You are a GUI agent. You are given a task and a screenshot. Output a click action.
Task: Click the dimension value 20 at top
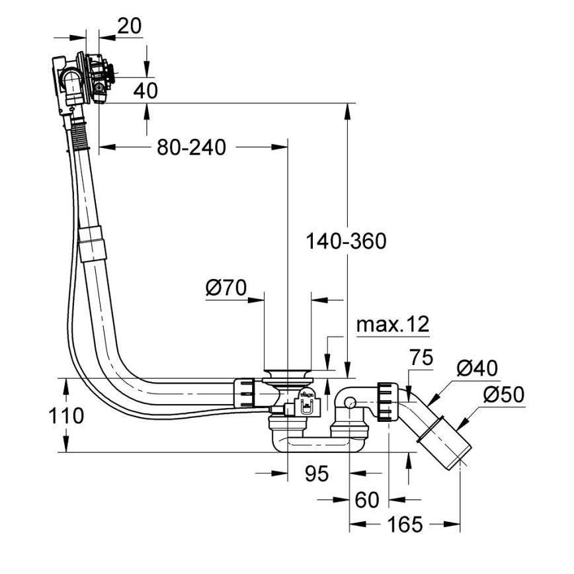tap(129, 26)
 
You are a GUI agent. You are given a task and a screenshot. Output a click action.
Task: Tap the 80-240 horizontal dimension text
tap(191, 147)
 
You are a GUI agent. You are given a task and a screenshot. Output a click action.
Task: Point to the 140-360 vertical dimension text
tap(345, 241)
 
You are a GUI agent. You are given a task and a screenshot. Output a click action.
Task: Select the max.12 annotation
tap(393, 325)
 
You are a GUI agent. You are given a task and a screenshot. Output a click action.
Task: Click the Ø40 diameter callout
tap(477, 368)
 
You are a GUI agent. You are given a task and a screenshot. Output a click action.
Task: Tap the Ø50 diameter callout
tap(503, 395)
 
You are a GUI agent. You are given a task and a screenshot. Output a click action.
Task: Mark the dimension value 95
tap(318, 473)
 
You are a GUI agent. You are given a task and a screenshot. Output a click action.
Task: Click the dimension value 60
tap(368, 500)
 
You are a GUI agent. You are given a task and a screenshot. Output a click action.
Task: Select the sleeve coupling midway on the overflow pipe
tap(92, 241)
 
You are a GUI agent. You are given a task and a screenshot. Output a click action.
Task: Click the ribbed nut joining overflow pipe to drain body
tap(243, 392)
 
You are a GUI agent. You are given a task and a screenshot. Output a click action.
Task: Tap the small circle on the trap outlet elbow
tap(349, 401)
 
